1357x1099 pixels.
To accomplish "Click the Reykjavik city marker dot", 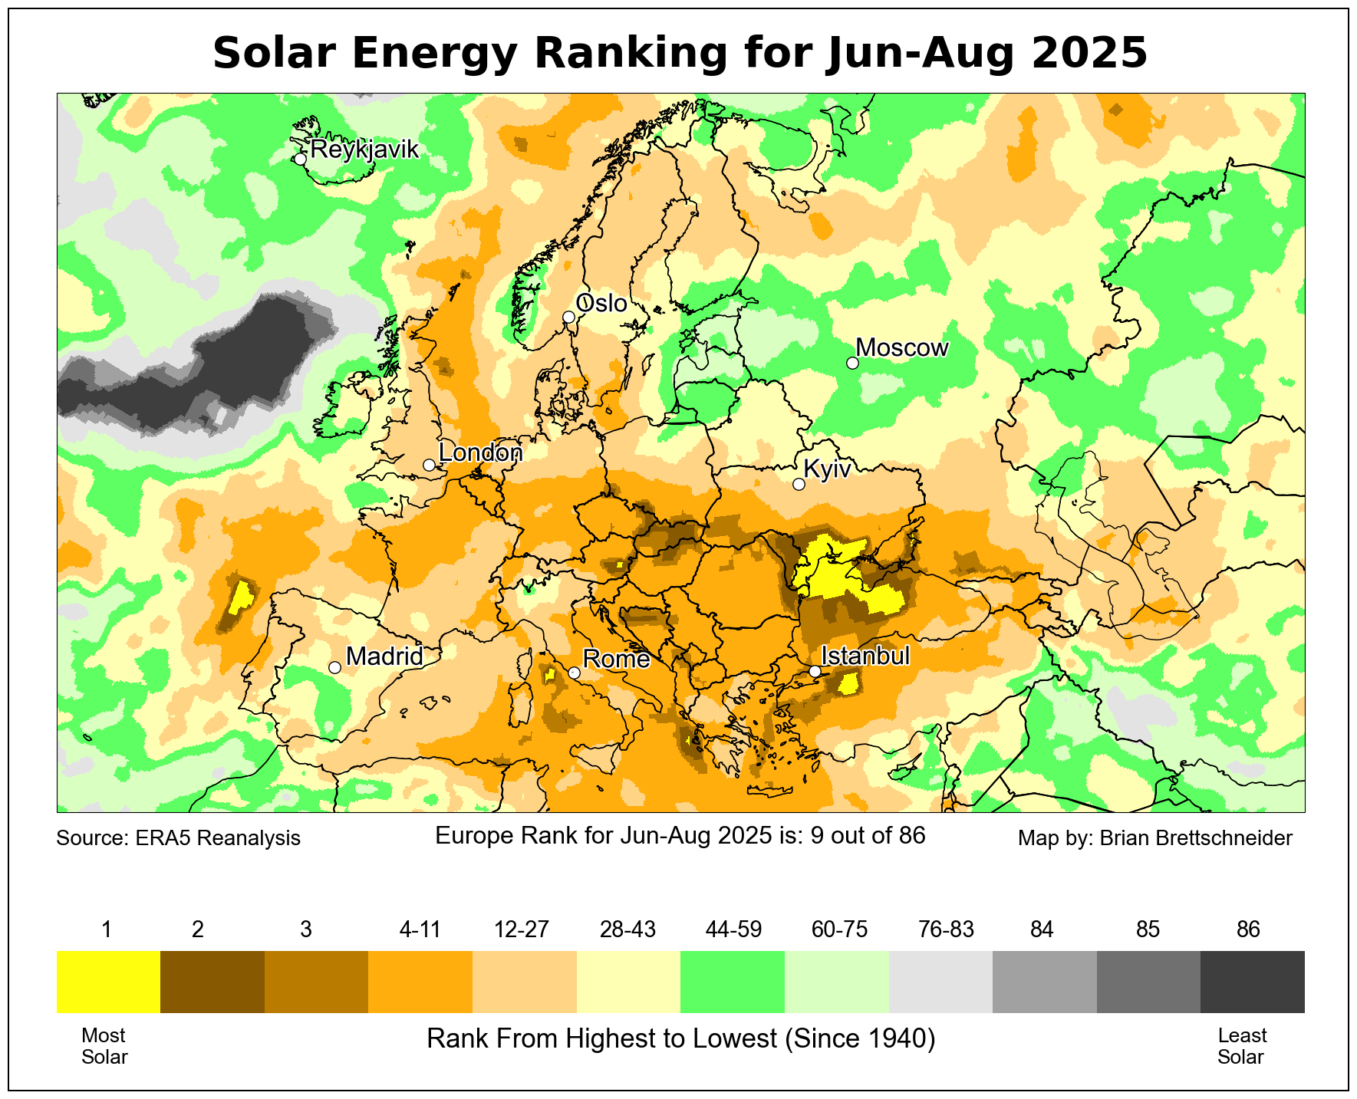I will point(300,159).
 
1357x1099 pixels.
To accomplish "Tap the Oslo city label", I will point(601,304).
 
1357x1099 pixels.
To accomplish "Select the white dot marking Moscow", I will point(852,363).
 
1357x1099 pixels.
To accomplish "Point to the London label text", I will point(480,452).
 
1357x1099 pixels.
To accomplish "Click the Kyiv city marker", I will point(799,484).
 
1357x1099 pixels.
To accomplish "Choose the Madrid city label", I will point(384,656).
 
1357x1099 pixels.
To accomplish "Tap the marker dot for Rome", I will point(574,673).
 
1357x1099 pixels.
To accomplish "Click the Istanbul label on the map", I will point(865,656).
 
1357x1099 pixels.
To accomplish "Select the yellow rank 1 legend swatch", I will point(108,982).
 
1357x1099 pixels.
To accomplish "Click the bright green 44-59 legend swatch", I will point(733,982).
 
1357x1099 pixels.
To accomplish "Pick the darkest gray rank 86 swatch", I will point(1252,982).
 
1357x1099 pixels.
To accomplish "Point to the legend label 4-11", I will point(420,930).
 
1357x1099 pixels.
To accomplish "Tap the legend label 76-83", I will point(946,930).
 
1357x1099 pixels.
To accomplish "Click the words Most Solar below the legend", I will point(104,1046).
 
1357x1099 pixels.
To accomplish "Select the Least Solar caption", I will point(1241,1046).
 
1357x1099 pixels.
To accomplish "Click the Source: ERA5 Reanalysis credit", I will point(179,838).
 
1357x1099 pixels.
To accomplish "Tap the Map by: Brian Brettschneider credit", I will point(1154,838).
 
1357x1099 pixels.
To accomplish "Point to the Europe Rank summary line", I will point(680,835).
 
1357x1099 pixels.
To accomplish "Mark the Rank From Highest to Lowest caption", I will point(680,1038).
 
